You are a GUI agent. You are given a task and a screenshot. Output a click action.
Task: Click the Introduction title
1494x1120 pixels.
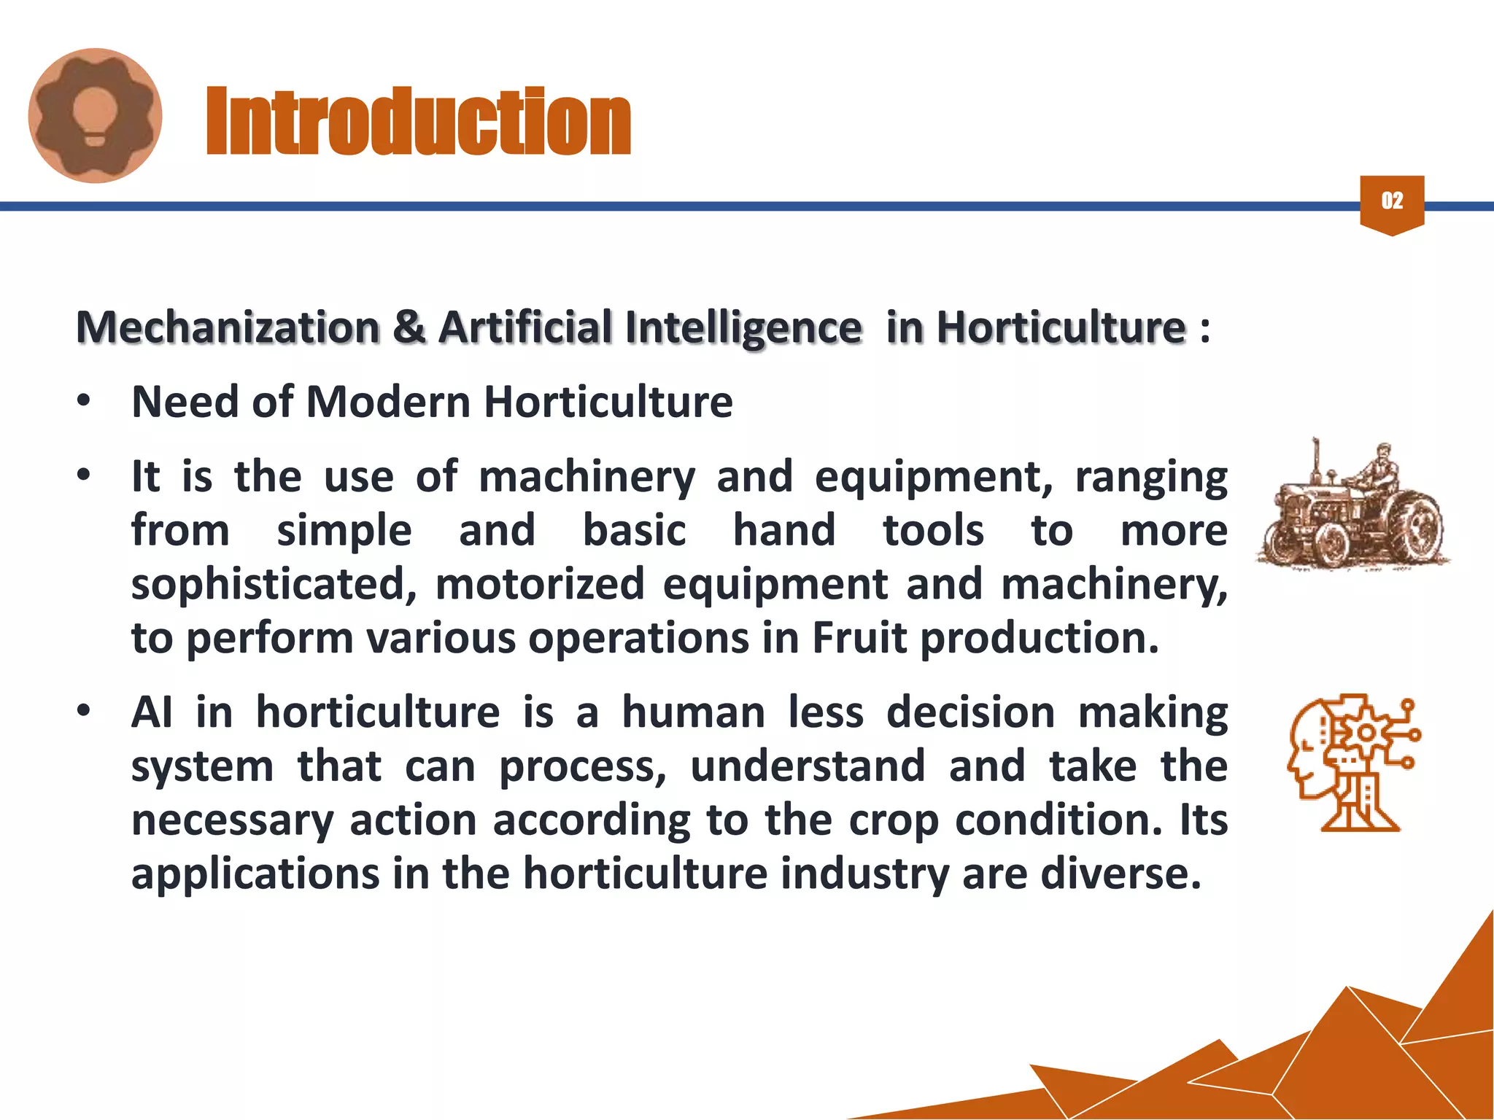(x=418, y=121)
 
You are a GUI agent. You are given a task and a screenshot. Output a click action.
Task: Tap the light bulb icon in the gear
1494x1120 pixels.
(x=96, y=115)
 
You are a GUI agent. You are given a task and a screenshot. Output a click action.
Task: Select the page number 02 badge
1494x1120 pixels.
(x=1392, y=202)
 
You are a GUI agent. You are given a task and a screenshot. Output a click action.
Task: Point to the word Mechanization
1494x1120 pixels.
(x=228, y=327)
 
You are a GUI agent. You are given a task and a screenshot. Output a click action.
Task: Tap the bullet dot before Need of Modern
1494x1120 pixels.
(x=85, y=401)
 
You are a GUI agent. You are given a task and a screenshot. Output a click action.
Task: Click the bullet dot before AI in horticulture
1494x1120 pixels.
(x=85, y=711)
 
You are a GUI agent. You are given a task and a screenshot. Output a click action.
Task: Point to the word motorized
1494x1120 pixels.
(x=540, y=584)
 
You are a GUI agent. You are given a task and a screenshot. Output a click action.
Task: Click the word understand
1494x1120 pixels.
(x=808, y=766)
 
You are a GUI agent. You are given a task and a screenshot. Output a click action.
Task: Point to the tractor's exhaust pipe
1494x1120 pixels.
(x=1316, y=459)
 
